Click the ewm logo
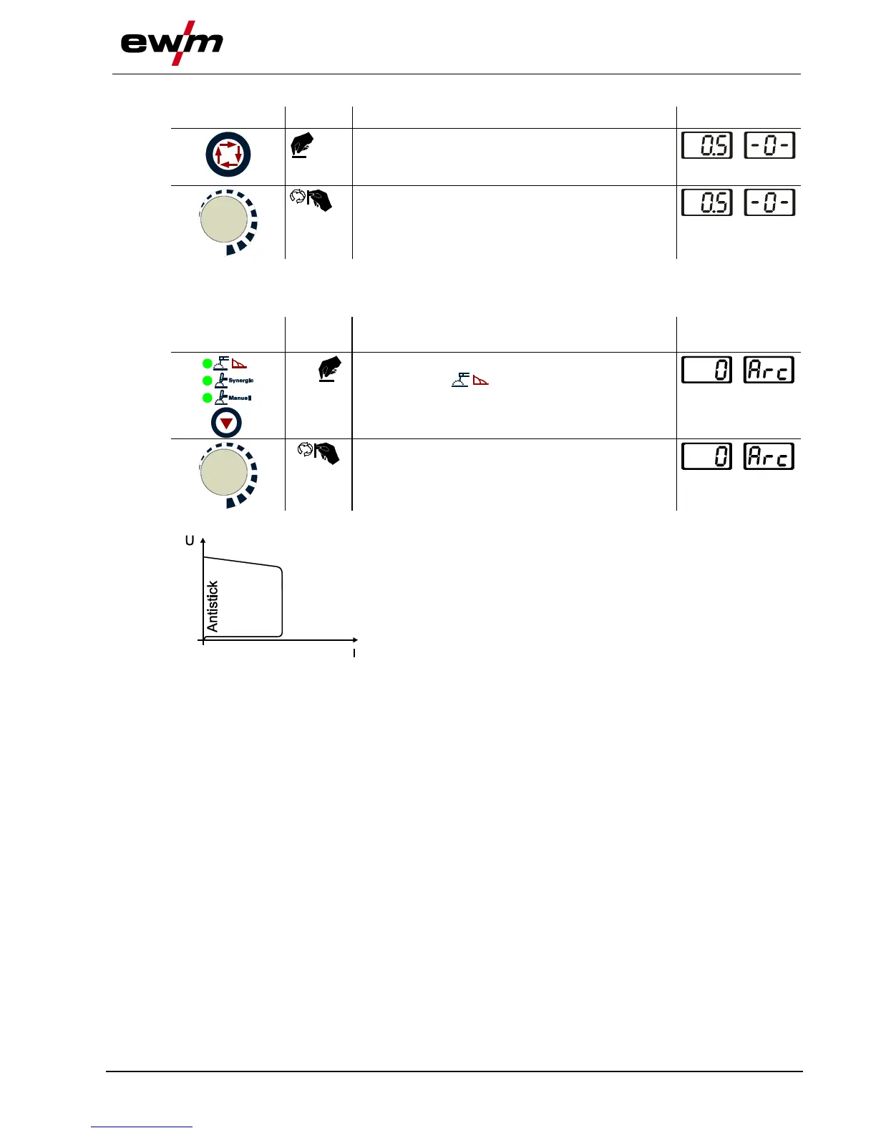pos(172,43)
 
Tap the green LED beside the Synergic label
pos(208,381)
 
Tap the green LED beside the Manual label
pos(208,398)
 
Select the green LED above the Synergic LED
pos(208,363)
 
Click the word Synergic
pos(241,381)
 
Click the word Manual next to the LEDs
pos(240,398)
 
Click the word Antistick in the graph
pos(213,607)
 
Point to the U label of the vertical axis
pos(190,541)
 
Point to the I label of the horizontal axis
pos(354,654)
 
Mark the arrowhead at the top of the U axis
pos(204,541)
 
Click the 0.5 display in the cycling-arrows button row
pos(707,146)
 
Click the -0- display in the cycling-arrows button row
pos(769,146)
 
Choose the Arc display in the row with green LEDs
pos(769,370)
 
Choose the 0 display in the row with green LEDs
pos(707,370)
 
